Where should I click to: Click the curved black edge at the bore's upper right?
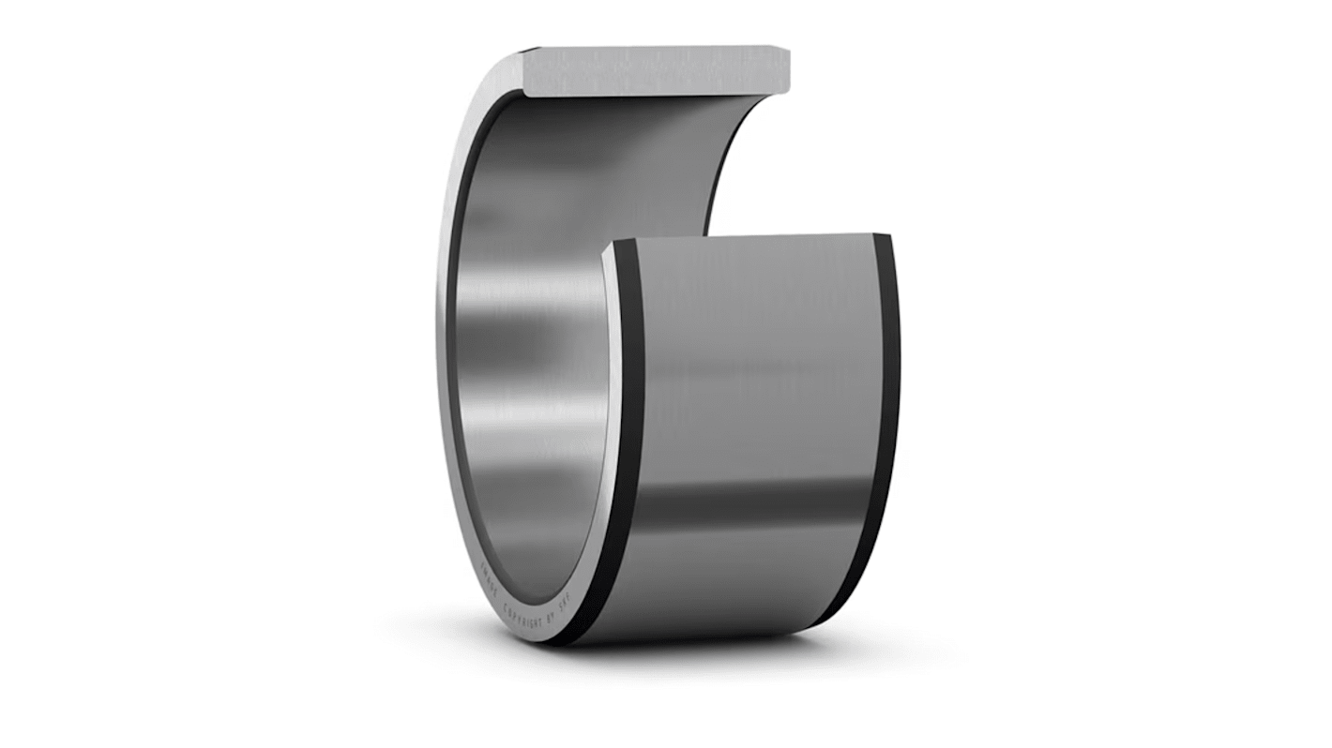[732, 159]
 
